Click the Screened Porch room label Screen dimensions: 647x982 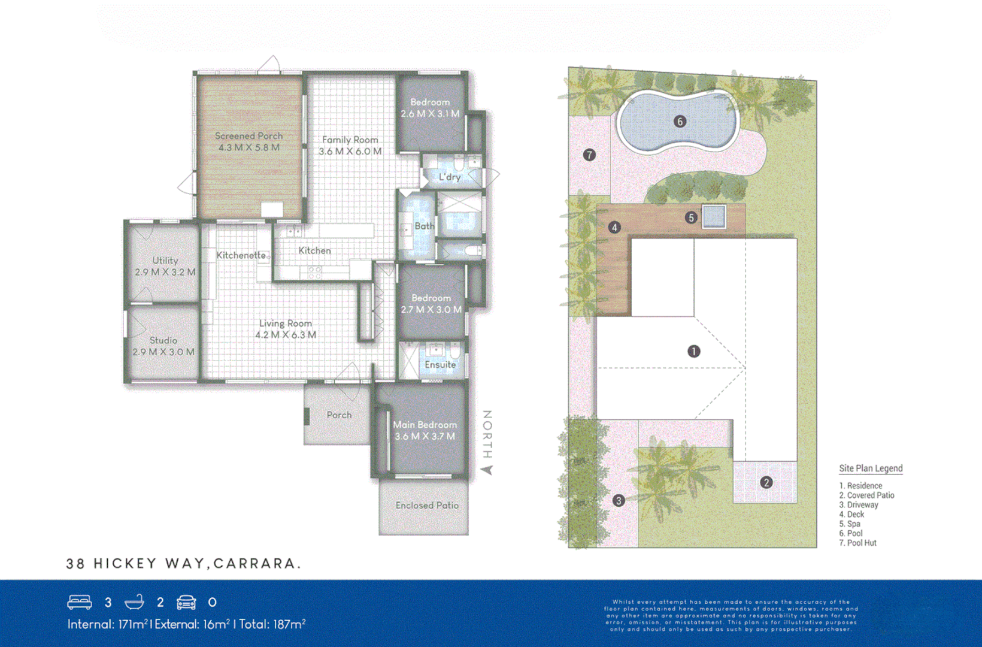(248, 136)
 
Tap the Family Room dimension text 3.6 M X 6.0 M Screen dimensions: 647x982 (350, 152)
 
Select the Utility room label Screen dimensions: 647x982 (165, 261)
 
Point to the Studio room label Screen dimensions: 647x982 (163, 340)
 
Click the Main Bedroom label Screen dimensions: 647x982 (425, 425)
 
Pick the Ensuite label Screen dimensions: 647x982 (440, 365)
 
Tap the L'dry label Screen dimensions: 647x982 (450, 177)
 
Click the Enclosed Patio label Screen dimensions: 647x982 (426, 506)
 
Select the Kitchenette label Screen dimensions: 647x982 (241, 255)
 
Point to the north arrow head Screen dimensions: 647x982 (487, 470)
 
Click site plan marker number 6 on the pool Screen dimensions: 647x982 (680, 122)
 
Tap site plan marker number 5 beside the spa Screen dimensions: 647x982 (691, 217)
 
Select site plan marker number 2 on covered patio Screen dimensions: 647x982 (766, 482)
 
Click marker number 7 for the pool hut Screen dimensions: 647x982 (589, 155)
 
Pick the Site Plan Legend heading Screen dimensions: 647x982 (870, 468)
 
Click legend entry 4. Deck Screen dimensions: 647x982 (851, 514)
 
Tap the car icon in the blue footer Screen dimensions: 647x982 (186, 602)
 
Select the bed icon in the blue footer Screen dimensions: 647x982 (80, 602)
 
